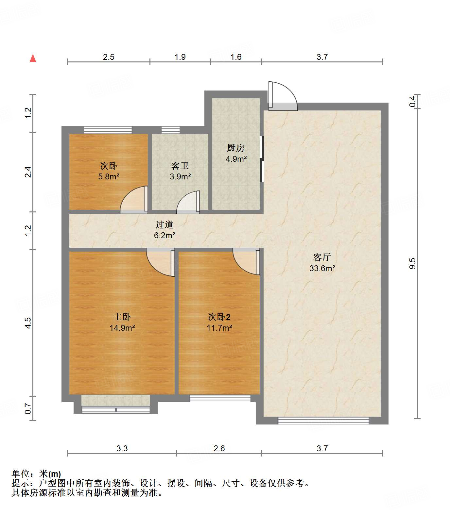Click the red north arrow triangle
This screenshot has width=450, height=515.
pos(33,58)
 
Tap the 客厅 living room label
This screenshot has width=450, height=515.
pos(322,257)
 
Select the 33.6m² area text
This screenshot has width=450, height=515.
pos(322,268)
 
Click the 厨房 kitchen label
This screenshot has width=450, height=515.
pos(236,148)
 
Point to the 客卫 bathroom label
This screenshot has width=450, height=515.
pos(180,166)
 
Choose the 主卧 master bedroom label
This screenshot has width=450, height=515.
pos(122,317)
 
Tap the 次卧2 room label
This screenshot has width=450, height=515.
pos(219,317)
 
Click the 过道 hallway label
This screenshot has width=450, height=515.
pos(164,224)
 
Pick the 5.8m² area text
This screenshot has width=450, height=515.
pos(109,177)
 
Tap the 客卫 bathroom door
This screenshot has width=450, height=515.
pos(188,202)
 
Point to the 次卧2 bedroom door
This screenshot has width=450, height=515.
pos(246,261)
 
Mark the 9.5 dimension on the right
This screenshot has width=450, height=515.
pos(413,263)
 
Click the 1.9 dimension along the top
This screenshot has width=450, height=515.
pos(180,57)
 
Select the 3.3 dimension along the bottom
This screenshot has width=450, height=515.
pos(122,448)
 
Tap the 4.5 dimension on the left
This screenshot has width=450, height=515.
pos(28,323)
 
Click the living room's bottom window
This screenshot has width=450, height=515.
pos(323,421)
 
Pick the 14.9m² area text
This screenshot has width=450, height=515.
pos(122,328)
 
